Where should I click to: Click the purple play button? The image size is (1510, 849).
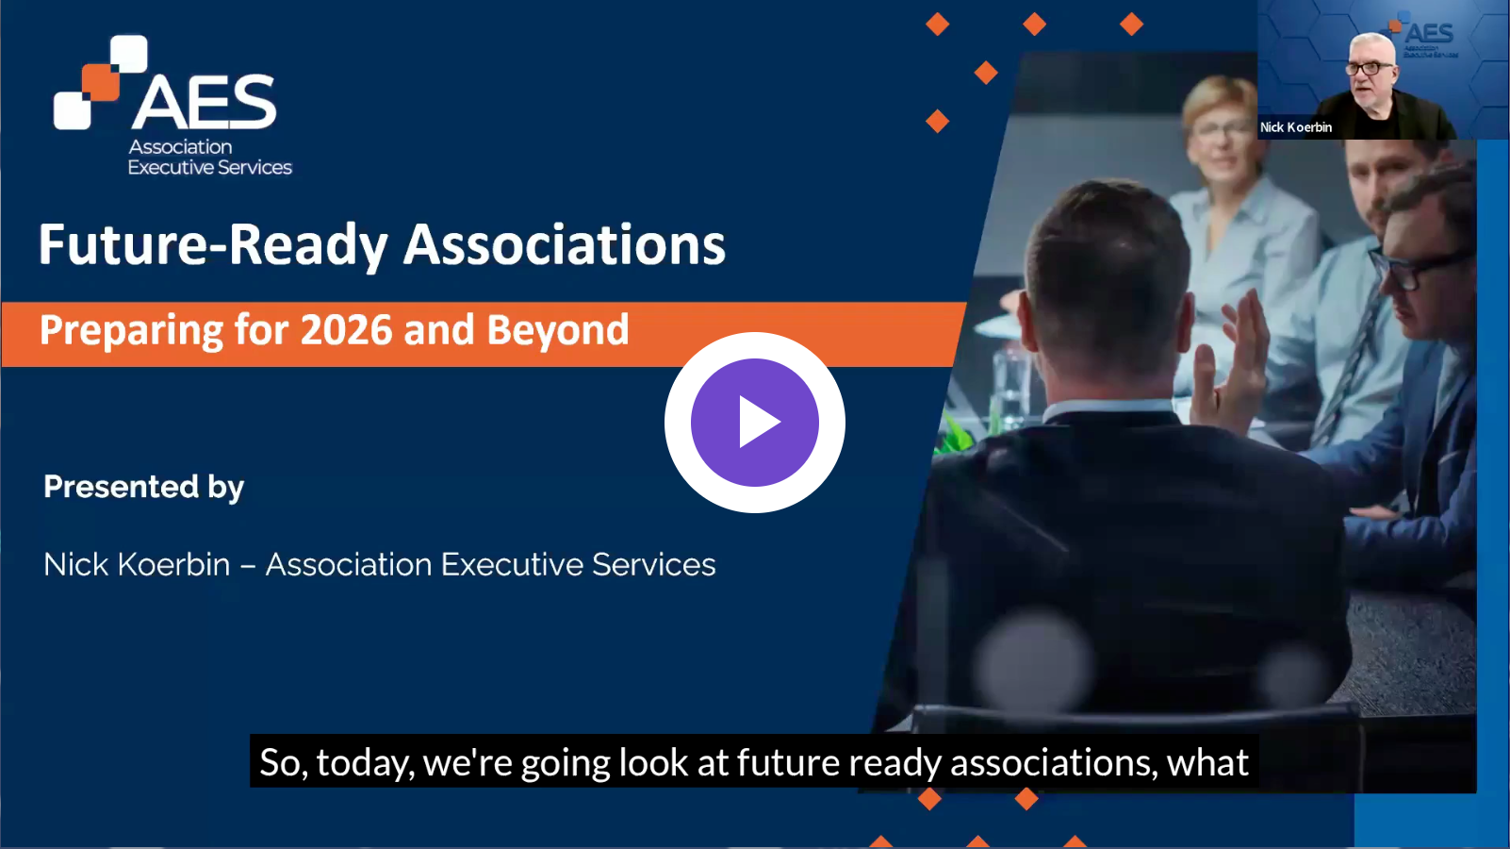coord(754,423)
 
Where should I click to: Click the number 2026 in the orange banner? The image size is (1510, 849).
coord(346,330)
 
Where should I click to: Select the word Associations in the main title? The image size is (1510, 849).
coord(565,244)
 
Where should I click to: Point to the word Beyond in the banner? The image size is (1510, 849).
coord(557,330)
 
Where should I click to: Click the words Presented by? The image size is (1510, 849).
coord(143,488)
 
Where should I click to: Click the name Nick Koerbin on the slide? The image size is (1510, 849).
coord(137,564)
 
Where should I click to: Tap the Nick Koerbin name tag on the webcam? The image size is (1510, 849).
coord(1296,126)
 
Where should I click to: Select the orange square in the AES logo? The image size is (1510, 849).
coord(101,83)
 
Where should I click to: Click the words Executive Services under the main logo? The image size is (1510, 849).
coord(209,167)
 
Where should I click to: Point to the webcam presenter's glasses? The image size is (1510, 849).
coord(1369,68)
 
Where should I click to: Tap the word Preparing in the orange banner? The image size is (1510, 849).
coord(131,331)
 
